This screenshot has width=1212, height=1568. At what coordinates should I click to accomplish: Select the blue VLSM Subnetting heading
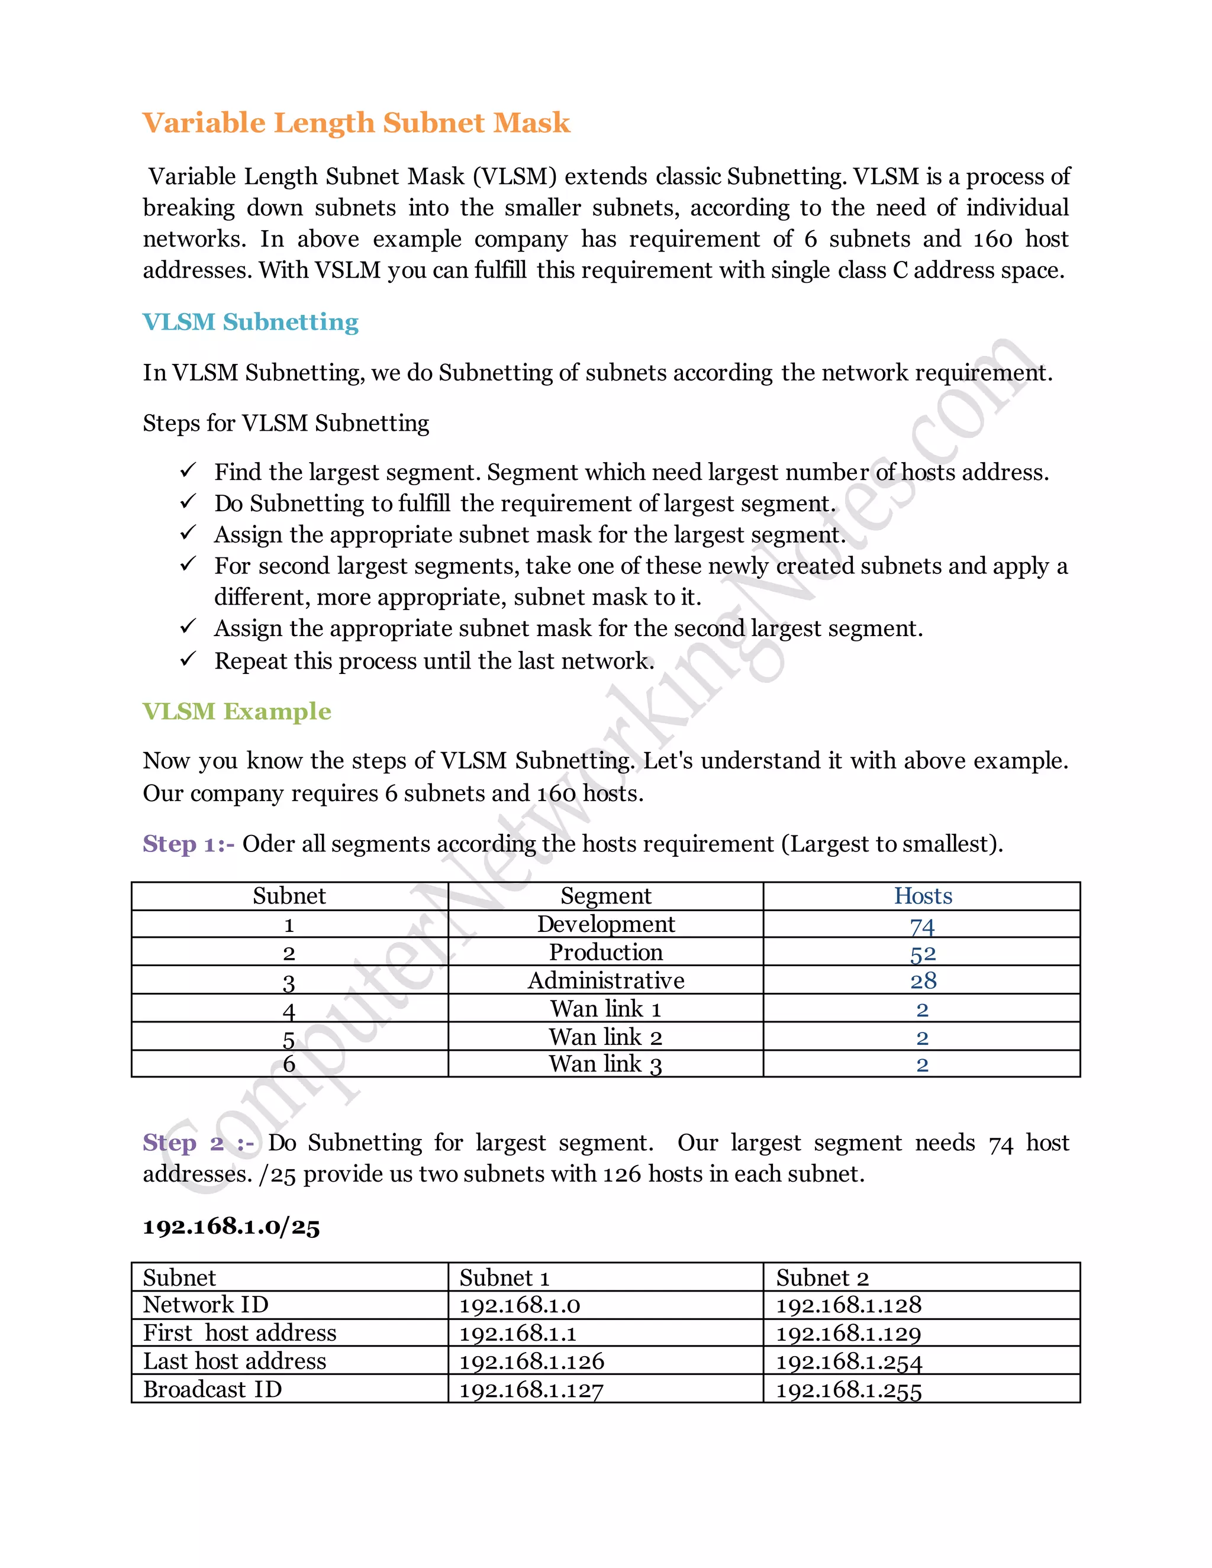coord(250,322)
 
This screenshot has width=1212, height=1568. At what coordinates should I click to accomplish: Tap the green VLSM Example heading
coord(237,711)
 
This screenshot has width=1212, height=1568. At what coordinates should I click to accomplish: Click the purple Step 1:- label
coord(188,844)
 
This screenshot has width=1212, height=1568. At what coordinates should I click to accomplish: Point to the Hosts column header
coord(923,896)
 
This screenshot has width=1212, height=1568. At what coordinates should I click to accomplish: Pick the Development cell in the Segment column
coord(606,924)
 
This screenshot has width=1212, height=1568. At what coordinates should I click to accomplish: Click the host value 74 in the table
coord(922,926)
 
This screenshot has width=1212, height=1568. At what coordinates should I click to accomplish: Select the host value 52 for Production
coord(923,953)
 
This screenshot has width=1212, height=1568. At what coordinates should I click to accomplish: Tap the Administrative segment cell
coord(606,980)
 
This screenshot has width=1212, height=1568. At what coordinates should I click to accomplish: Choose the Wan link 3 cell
coord(605,1064)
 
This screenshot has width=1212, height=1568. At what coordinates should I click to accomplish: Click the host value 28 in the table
coord(923,980)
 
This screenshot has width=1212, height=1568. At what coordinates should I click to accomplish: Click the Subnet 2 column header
coord(822,1278)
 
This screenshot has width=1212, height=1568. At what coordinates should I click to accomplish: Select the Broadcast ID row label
coord(212,1389)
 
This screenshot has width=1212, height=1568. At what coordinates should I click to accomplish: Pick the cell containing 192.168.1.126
coord(531,1361)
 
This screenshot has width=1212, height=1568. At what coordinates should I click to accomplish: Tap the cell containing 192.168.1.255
coord(849,1390)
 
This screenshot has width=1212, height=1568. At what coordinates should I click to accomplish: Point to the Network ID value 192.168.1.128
coord(849,1305)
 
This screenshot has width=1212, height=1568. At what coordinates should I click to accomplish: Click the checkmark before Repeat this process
coord(188,659)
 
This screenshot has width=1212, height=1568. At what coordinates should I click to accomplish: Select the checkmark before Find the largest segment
coord(188,471)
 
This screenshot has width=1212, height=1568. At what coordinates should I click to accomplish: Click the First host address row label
coord(240,1333)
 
